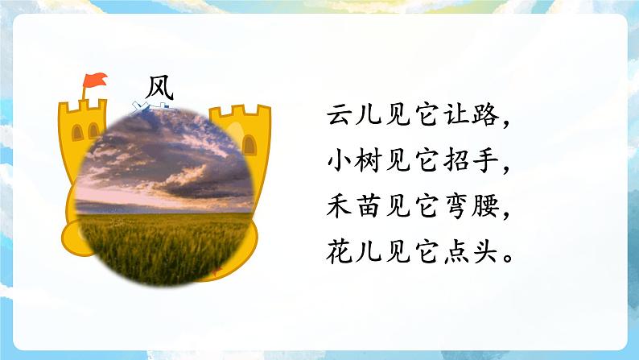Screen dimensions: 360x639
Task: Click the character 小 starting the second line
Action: (339, 163)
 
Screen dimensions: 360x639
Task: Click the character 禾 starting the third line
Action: (339, 209)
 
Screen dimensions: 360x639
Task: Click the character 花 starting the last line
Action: (339, 255)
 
